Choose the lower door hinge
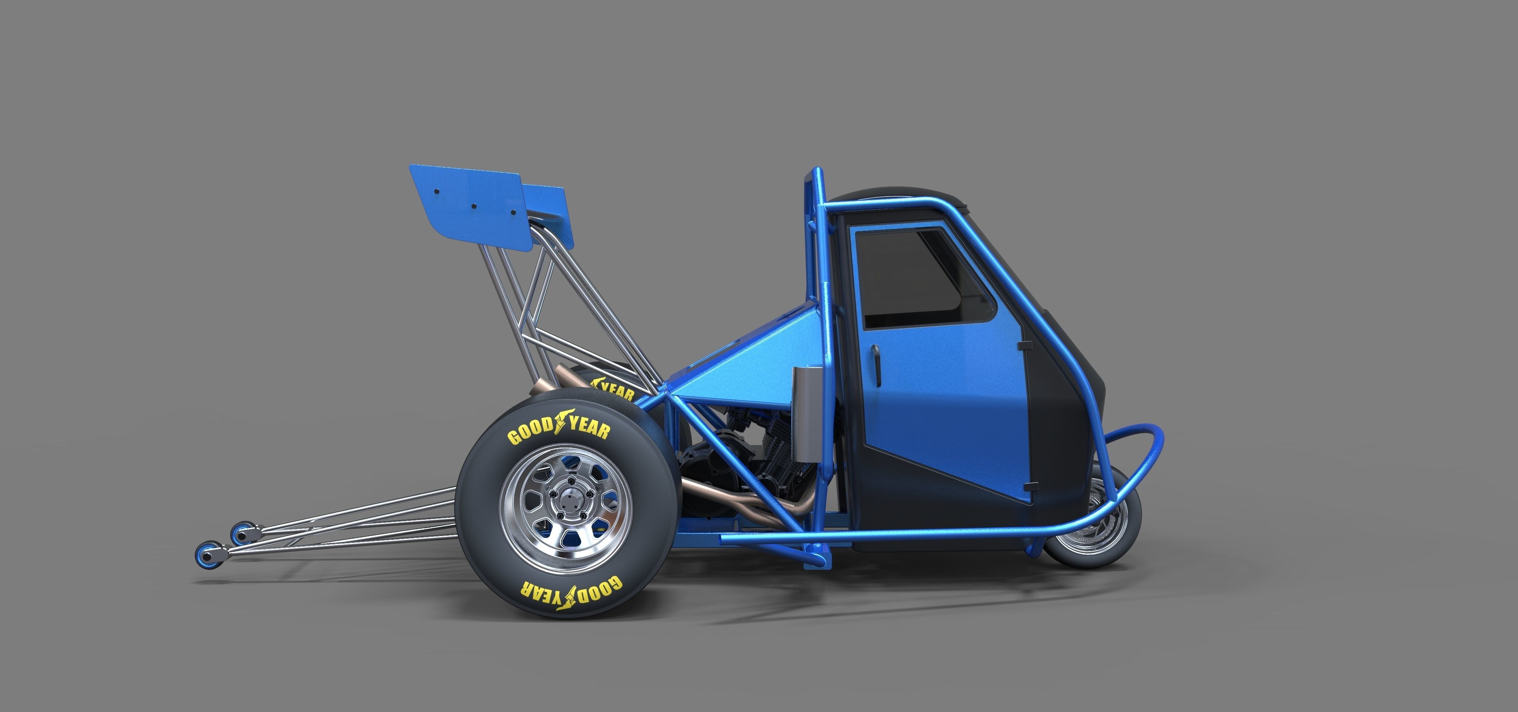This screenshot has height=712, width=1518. pyautogui.click(x=1031, y=486)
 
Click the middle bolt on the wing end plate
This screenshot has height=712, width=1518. pyautogui.click(x=473, y=206)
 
